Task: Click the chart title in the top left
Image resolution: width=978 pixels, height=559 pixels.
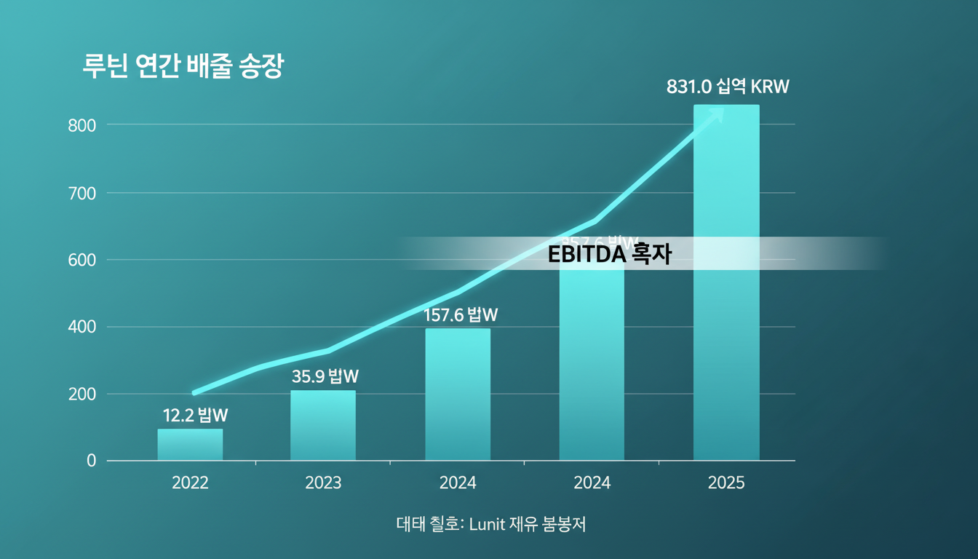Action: pyautogui.click(x=183, y=66)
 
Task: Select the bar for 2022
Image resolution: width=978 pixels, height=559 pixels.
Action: pyautogui.click(x=190, y=445)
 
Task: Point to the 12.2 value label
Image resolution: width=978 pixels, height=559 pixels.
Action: pyautogui.click(x=195, y=416)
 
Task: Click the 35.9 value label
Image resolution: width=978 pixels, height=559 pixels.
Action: pyautogui.click(x=325, y=376)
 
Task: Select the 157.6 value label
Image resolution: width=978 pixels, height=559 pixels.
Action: pyautogui.click(x=461, y=315)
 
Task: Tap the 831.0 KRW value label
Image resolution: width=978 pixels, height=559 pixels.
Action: pyautogui.click(x=728, y=87)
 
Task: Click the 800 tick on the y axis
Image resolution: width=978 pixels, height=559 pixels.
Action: pyautogui.click(x=81, y=125)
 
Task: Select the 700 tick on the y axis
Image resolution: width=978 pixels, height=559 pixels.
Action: pyautogui.click(x=81, y=194)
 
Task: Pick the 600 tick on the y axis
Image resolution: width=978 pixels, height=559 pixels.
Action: pyautogui.click(x=81, y=261)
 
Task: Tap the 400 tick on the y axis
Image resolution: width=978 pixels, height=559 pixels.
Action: pyautogui.click(x=81, y=328)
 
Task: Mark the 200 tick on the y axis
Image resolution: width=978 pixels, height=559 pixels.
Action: pyautogui.click(x=81, y=395)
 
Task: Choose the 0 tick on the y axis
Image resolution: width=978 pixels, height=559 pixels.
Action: pyautogui.click(x=91, y=461)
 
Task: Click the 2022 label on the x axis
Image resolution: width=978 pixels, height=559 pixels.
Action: pyautogui.click(x=190, y=483)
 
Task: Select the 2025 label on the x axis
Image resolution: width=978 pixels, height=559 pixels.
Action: pyautogui.click(x=725, y=483)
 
